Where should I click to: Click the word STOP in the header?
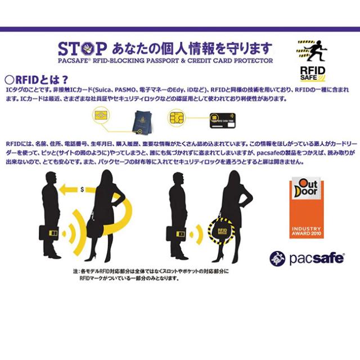point(80,47)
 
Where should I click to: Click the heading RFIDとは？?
point(34,80)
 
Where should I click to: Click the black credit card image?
point(222,119)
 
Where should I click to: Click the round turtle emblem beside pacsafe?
point(278,259)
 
